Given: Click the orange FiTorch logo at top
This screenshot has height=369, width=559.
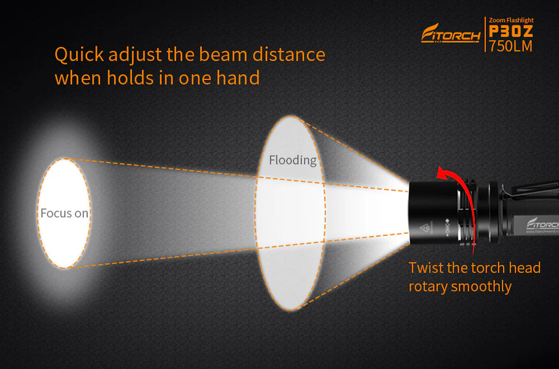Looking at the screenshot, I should click(x=450, y=33).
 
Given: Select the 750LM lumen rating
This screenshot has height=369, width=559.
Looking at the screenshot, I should click(x=510, y=46).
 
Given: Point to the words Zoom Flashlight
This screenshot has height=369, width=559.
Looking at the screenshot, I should click(x=510, y=20).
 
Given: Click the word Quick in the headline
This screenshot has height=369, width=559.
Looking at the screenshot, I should click(x=78, y=55).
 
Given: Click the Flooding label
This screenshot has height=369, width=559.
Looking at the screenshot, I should click(x=292, y=160).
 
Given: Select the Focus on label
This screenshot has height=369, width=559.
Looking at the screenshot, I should click(x=64, y=212).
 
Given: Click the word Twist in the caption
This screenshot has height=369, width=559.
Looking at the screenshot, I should click(x=426, y=268).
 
